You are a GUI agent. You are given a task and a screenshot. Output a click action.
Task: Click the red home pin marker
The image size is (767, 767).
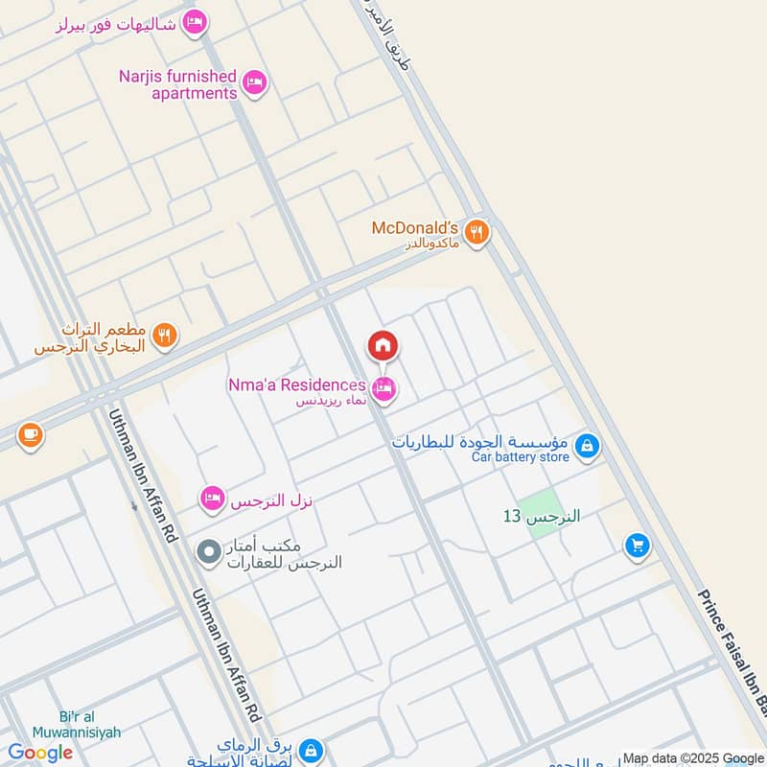pyautogui.click(x=383, y=346)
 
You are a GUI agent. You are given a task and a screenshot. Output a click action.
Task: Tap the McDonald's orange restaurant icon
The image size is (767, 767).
pyautogui.click(x=476, y=231)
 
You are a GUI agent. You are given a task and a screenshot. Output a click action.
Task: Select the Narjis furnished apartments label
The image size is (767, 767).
pyautogui.click(x=178, y=84)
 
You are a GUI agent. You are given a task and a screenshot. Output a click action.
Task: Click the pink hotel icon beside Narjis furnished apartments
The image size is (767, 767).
pyautogui.click(x=254, y=83)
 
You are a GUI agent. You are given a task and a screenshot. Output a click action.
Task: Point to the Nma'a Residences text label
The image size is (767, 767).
pyautogui.click(x=296, y=384)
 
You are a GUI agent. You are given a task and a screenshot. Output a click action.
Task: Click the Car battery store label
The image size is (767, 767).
pyautogui.click(x=520, y=457)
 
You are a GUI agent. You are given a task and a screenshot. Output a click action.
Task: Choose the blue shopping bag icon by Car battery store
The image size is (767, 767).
pyautogui.click(x=588, y=446)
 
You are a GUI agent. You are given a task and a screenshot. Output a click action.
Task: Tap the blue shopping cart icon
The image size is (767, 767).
pyautogui.click(x=637, y=546)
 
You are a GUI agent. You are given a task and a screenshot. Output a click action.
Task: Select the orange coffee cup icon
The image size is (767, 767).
pyautogui.click(x=30, y=435)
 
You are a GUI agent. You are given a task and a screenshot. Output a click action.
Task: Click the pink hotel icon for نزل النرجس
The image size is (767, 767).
pyautogui.click(x=213, y=499)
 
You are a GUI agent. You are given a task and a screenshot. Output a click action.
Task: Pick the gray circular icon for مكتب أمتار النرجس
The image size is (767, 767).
pyautogui.click(x=208, y=552)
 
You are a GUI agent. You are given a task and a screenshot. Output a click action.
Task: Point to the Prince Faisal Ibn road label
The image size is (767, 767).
pyautogui.click(x=732, y=652)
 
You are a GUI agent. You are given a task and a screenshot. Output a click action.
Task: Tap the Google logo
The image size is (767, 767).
pyautogui.click(x=40, y=753)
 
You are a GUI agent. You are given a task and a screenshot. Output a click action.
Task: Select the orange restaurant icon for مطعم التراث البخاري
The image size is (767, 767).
pyautogui.click(x=165, y=336)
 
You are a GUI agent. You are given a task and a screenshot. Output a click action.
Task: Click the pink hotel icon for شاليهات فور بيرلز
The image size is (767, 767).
pyautogui.click(x=195, y=21)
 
